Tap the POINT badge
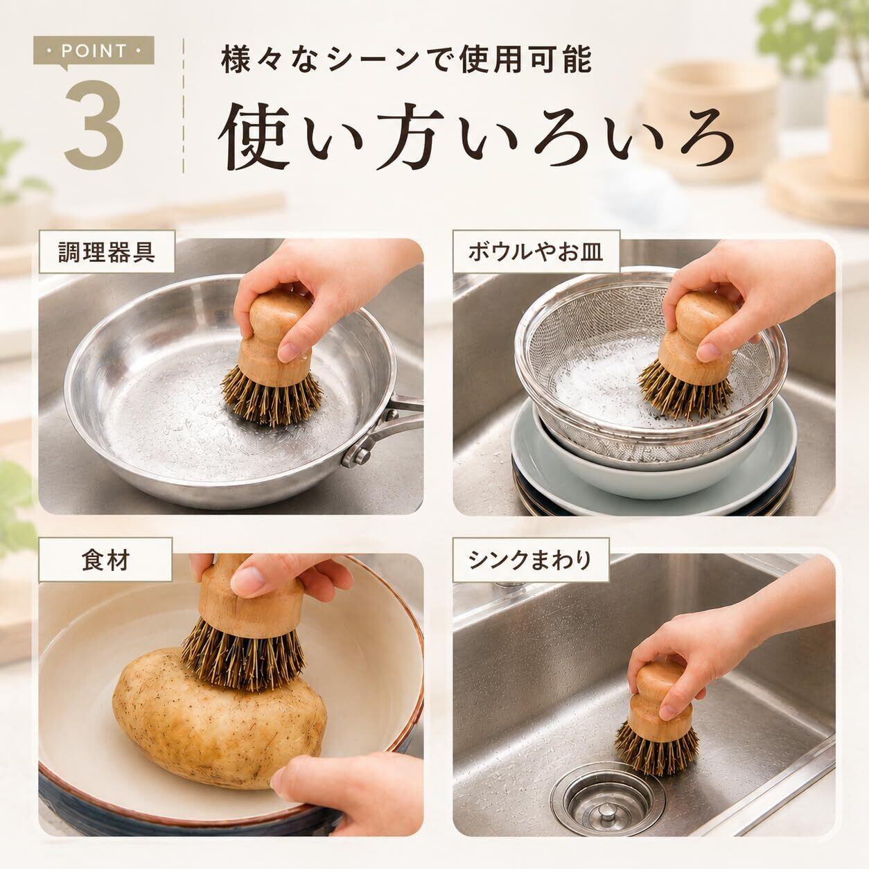click(94, 51)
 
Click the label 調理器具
click(107, 252)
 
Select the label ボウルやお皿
click(536, 252)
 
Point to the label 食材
click(105, 560)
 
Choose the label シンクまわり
click(530, 560)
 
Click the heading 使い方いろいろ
click(476, 137)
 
